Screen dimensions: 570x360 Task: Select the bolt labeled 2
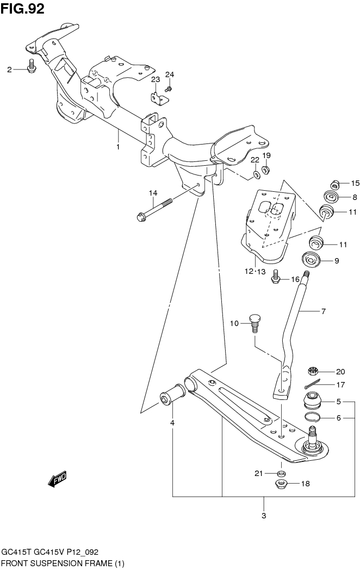pyautogui.click(x=31, y=67)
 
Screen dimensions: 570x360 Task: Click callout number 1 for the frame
pyautogui.click(x=117, y=147)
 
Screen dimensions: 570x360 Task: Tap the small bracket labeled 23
pyautogui.click(x=157, y=99)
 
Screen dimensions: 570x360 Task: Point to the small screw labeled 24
pyautogui.click(x=170, y=88)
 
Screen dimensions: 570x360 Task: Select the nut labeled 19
pyautogui.click(x=266, y=170)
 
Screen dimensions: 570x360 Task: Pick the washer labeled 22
pyautogui.click(x=255, y=175)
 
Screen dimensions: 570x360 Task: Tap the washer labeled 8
pyautogui.click(x=331, y=197)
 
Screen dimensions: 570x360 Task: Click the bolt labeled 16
pyautogui.click(x=276, y=278)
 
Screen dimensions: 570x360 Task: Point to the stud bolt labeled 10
pyautogui.click(x=255, y=324)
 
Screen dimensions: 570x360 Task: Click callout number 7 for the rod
pyautogui.click(x=322, y=312)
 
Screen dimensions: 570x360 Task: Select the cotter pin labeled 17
pyautogui.click(x=314, y=385)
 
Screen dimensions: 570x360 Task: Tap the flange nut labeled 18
pyautogui.click(x=281, y=484)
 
